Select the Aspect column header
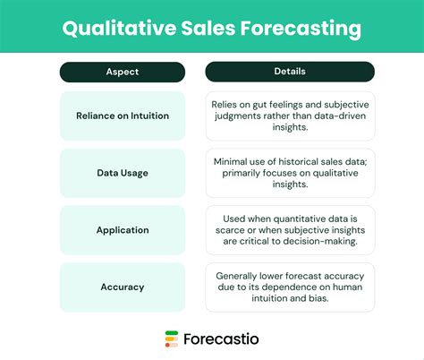click(123, 71)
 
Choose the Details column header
click(290, 71)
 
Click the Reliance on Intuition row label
click(123, 116)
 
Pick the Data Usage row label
click(123, 173)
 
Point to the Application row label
click(123, 230)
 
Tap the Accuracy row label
click(123, 287)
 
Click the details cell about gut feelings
click(290, 116)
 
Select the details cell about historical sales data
click(290, 173)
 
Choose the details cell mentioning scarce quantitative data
click(290, 230)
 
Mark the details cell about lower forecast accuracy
click(290, 287)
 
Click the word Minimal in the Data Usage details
click(232, 161)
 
